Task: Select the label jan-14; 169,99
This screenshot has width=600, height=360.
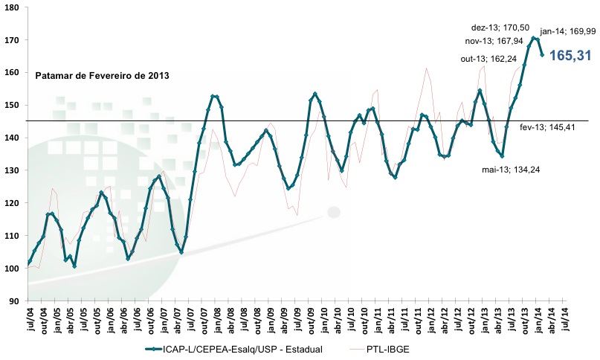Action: pos(568,31)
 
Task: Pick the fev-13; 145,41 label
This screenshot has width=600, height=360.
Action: pos(545,129)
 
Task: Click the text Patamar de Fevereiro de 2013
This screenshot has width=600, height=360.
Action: pos(103,76)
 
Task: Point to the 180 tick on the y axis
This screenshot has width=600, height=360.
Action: pos(15,7)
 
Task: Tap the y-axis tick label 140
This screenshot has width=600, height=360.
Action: pos(15,138)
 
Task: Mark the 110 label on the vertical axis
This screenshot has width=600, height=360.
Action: pos(15,236)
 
